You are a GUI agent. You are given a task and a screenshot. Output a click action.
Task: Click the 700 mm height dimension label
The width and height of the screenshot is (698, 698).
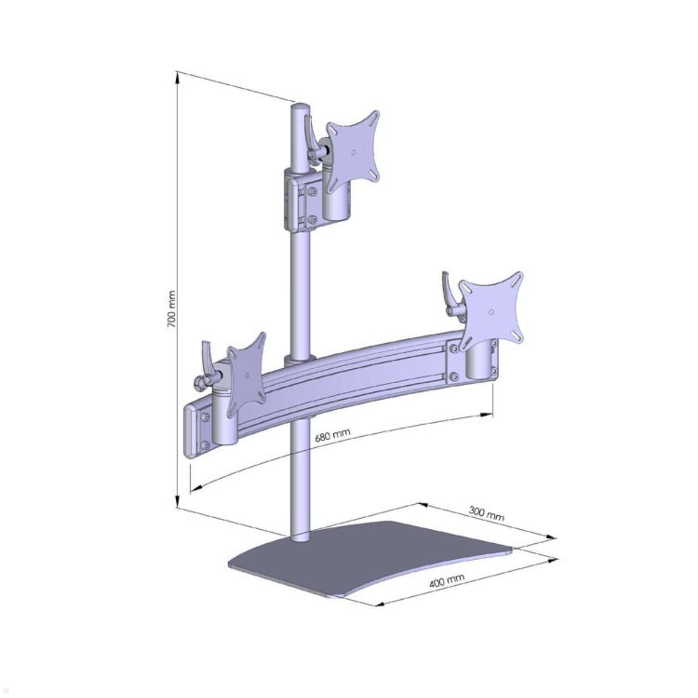click(x=172, y=308)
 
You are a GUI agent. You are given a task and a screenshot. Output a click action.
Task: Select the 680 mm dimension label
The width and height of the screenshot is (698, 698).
click(x=332, y=436)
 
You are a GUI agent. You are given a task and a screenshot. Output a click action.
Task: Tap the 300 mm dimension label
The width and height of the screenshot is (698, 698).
click(x=486, y=513)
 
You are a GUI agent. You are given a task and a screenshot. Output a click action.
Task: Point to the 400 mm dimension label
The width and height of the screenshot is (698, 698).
click(x=447, y=580)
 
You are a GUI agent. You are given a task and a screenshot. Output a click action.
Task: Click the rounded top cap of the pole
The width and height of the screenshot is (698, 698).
click(x=301, y=108)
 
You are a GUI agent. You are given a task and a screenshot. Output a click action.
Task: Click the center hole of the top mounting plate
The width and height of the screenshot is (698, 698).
click(x=354, y=152)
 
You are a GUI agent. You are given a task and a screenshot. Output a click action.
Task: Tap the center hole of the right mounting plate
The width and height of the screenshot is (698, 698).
click(x=492, y=312)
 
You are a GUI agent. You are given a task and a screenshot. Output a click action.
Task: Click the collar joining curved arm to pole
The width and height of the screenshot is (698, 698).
click(x=300, y=358)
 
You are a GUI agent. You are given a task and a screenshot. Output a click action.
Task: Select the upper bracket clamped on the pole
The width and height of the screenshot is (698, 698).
click(x=300, y=198)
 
